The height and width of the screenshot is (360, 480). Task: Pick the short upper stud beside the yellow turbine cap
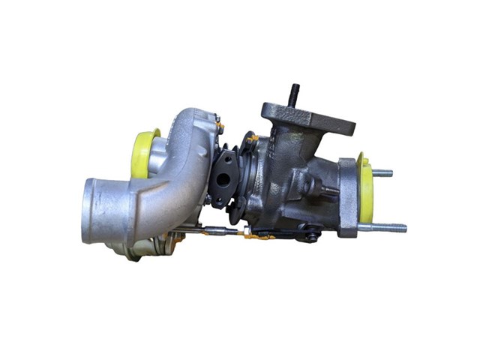click(x=382, y=172)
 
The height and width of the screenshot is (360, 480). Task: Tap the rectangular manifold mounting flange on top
click(x=307, y=118)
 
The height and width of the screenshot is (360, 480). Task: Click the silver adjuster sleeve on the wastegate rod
click(x=214, y=229)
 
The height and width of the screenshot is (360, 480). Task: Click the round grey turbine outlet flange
click(x=347, y=196)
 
